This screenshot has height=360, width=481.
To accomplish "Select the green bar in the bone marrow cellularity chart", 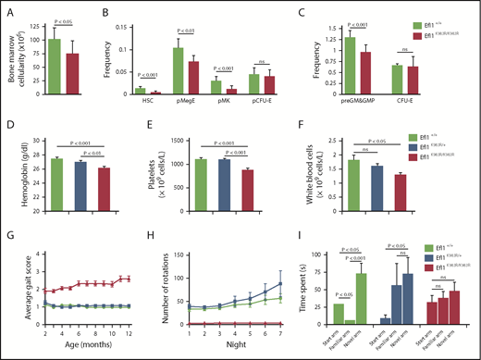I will click(x=55, y=68).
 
